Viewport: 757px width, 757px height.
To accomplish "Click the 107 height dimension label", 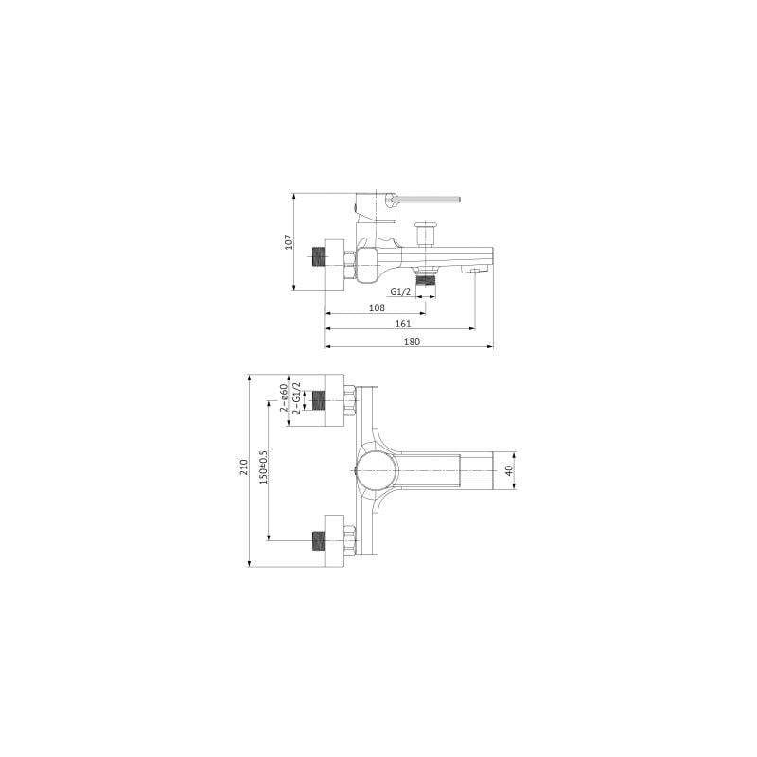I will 290,242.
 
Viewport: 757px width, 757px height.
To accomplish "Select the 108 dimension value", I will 376,308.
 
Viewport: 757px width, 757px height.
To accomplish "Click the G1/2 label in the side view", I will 400,291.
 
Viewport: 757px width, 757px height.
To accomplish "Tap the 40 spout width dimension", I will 508,469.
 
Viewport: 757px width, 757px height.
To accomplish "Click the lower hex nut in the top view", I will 350,541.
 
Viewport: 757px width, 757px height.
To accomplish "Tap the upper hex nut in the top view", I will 350,400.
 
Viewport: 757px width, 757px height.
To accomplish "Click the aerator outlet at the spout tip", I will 473,272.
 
